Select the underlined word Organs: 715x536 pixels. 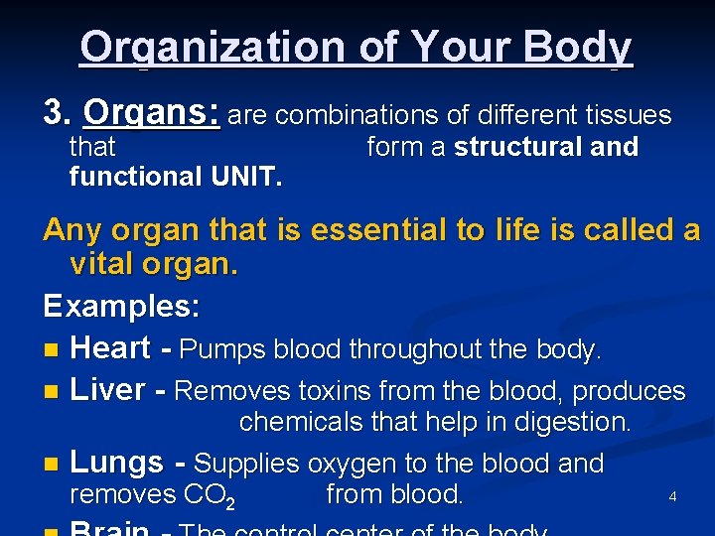[x=152, y=114]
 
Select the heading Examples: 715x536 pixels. [x=121, y=306]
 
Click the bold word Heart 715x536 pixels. [x=111, y=348]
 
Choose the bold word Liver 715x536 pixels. [x=108, y=390]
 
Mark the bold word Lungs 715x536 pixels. [x=117, y=463]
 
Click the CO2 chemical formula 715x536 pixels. [x=210, y=495]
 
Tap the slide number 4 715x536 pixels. [x=672, y=496]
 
